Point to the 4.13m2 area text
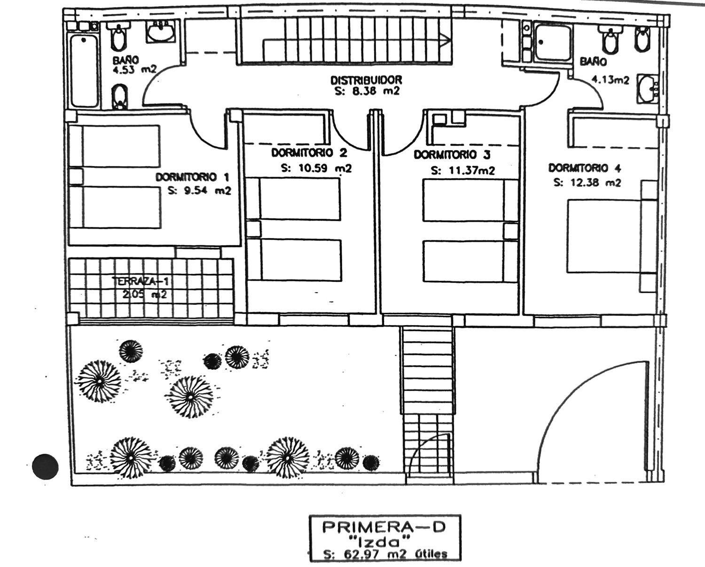(x=610, y=80)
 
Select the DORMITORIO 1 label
(x=192, y=177)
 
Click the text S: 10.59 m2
(x=316, y=168)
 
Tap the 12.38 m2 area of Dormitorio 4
(x=587, y=183)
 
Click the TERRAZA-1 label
(x=141, y=281)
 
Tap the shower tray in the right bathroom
(x=554, y=43)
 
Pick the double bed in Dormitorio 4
(x=604, y=236)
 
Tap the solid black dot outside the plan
(x=46, y=466)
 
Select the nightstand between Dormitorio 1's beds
(x=76, y=176)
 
